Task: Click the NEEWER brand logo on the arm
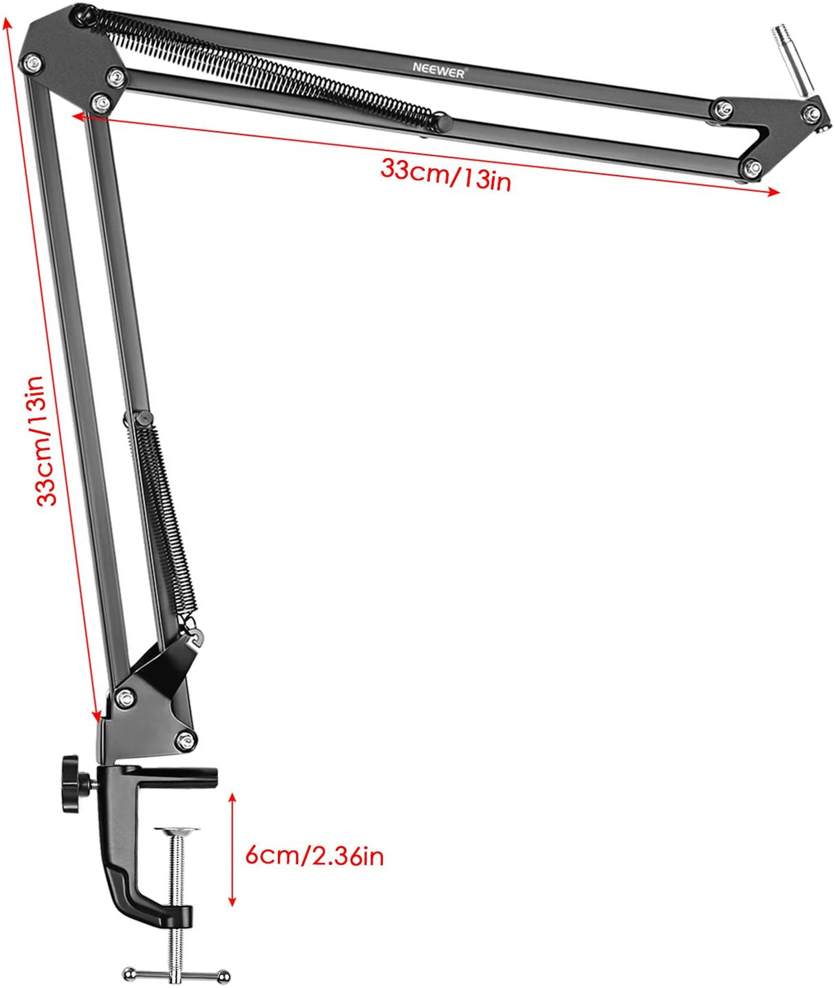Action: [439, 69]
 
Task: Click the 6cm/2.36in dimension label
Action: [314, 856]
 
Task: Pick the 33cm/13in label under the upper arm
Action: [446, 174]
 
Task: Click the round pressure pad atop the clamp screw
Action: [177, 831]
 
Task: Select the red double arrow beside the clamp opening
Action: [232, 849]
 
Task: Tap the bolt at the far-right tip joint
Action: [813, 113]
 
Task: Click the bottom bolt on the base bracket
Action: [184, 740]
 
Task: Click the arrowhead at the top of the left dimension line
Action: [8, 24]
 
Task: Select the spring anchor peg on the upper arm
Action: [444, 123]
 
